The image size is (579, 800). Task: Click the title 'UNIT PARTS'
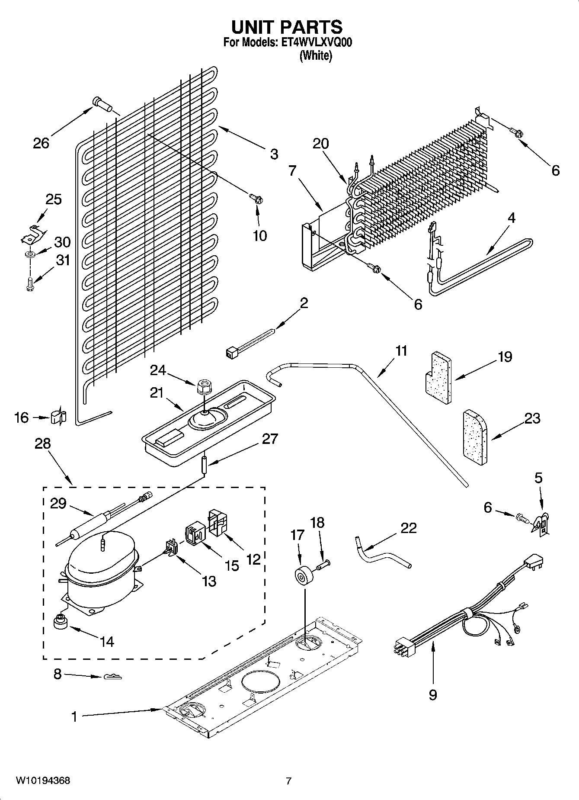point(287,27)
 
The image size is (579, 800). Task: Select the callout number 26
point(42,143)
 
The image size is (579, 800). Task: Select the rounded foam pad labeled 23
point(475,439)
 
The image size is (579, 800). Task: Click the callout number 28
point(43,443)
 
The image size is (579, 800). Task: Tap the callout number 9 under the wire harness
point(432,695)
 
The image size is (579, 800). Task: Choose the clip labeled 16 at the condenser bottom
point(58,417)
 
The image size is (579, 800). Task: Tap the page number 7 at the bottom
point(288,781)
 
